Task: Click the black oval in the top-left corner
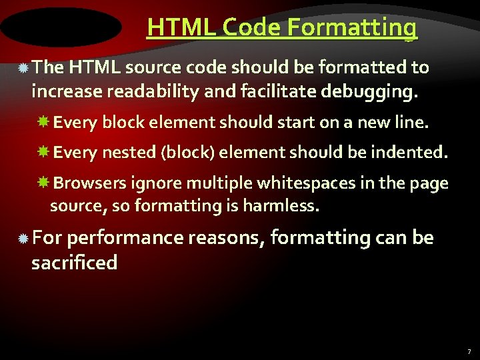click(61, 27)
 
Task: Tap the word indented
click(407, 153)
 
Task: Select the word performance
click(127, 237)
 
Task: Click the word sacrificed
click(74, 263)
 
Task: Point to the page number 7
click(469, 351)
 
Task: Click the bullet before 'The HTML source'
click(23, 68)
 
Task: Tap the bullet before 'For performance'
click(23, 238)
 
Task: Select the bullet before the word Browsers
click(44, 183)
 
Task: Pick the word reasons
click(227, 237)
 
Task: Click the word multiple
click(217, 183)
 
